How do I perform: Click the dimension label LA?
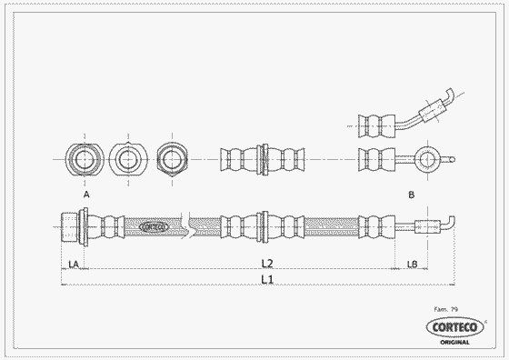click(74, 265)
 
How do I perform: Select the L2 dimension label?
click(267, 264)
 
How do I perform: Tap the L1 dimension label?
click(267, 279)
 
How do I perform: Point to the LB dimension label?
click(413, 265)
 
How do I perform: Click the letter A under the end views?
click(86, 195)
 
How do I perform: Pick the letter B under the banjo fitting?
click(411, 195)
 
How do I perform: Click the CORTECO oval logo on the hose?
click(154, 227)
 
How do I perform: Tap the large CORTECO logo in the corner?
click(454, 327)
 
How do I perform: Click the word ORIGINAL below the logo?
click(454, 342)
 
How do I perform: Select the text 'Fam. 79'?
click(446, 309)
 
